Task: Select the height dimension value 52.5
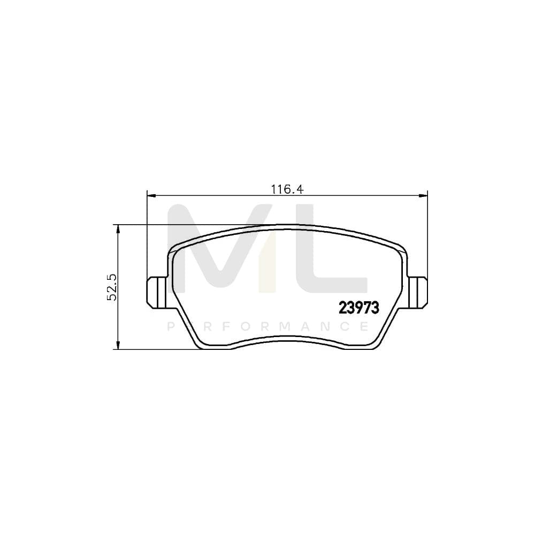pos(112,288)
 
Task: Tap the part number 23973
pos(359,308)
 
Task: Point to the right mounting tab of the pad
pos(418,292)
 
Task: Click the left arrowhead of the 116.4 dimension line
pos(150,196)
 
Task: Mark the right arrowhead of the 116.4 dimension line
pos(424,196)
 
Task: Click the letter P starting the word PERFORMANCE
pos(171,326)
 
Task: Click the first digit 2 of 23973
pos(343,308)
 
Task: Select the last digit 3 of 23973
pos(375,308)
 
